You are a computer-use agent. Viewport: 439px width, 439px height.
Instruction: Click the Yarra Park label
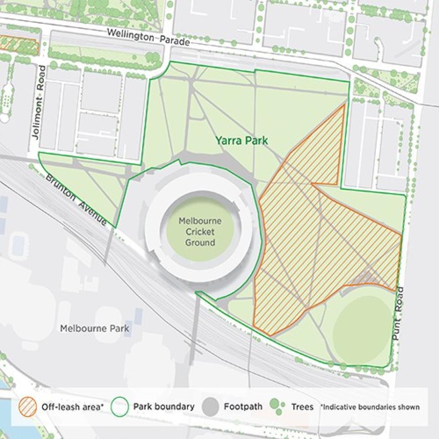[241, 141]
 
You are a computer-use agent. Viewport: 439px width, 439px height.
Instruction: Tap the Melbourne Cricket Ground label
[197, 232]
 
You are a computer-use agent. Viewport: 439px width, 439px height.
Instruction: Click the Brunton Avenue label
[76, 199]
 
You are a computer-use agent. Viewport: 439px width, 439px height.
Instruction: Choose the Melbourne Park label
[95, 329]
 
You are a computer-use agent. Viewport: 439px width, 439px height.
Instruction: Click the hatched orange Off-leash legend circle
[28, 407]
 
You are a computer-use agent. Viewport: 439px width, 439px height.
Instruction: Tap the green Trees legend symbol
[277, 406]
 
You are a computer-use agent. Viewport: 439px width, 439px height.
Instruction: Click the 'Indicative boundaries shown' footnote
[370, 407]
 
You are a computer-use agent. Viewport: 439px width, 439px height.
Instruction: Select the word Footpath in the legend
[243, 407]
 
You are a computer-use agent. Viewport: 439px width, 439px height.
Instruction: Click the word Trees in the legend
[302, 407]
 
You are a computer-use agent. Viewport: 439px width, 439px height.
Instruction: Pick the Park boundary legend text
[164, 407]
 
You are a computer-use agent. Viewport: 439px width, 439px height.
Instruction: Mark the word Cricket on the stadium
[197, 232]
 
